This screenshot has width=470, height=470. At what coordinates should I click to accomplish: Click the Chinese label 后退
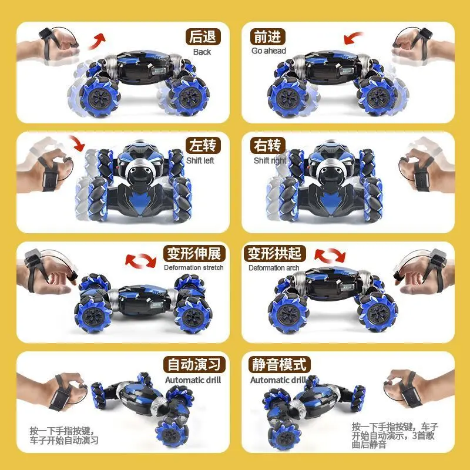pos(202,37)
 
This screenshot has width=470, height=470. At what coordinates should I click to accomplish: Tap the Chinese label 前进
pos(268,37)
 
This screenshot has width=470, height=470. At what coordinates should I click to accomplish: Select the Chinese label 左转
pos(202,145)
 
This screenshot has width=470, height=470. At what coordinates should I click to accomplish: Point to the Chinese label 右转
pos(268,145)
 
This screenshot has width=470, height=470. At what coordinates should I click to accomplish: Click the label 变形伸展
pos(193,254)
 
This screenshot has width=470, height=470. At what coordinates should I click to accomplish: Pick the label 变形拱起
pos(275,254)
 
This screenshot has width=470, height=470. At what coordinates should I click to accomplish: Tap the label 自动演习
pos(193,364)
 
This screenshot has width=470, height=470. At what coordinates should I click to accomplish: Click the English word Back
pos(202,52)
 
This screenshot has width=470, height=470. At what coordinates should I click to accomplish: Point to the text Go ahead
pos(268,51)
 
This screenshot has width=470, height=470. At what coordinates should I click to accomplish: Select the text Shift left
pos(201,160)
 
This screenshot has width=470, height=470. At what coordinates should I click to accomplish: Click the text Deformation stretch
pos(193,268)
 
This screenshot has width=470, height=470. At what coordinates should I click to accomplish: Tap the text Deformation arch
pos(274,268)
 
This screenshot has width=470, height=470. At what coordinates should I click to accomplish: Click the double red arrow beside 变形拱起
pos(330,255)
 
